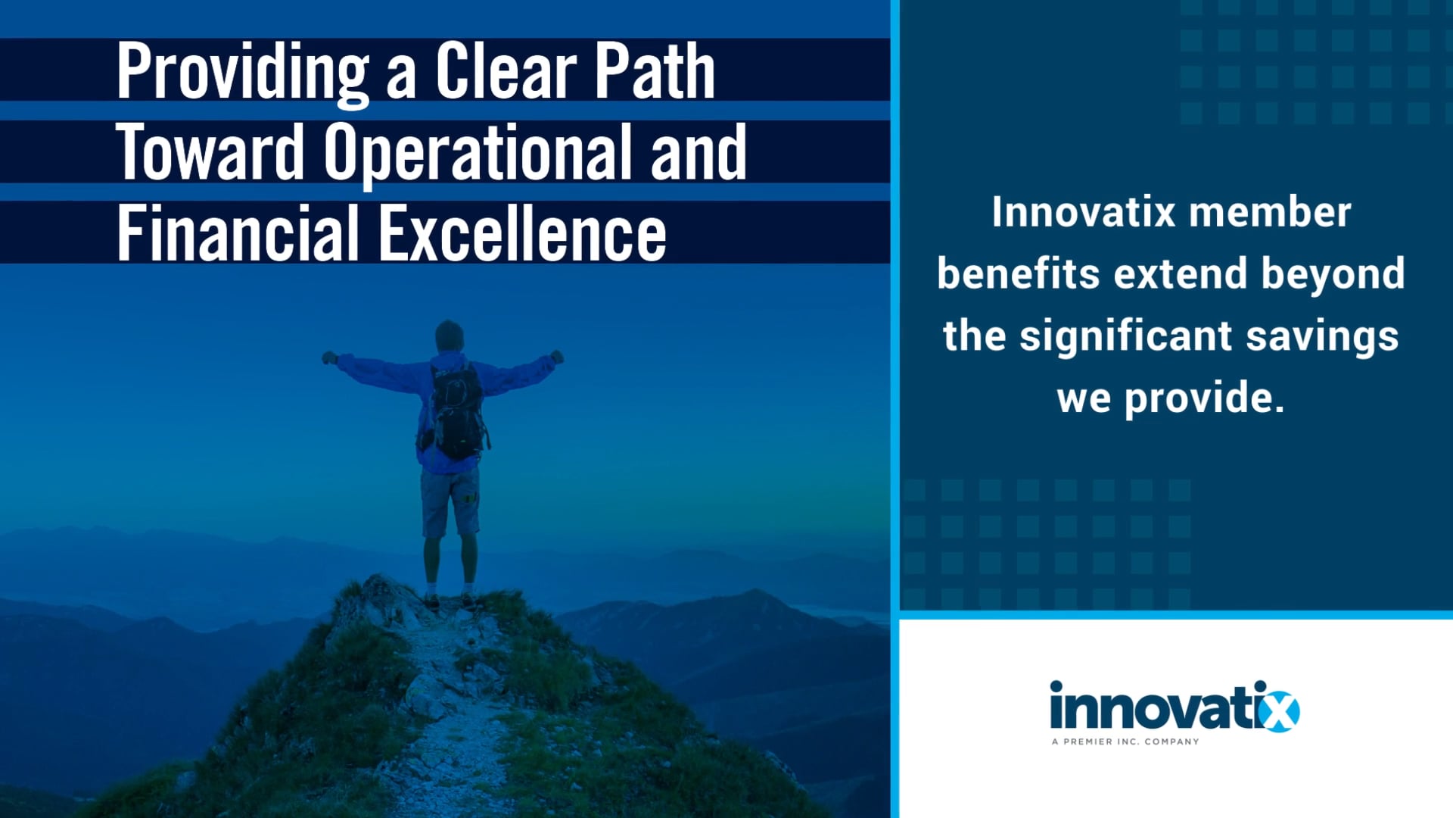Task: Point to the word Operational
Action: click(478, 154)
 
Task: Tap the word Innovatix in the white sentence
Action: click(1083, 212)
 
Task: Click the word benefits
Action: click(1018, 273)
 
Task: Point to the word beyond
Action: click(1333, 275)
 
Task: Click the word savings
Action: click(1322, 337)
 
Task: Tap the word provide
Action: click(1204, 399)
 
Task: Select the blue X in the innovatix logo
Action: click(1279, 711)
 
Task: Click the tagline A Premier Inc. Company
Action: click(1125, 742)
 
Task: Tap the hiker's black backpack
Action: click(456, 410)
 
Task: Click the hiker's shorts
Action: click(450, 501)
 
